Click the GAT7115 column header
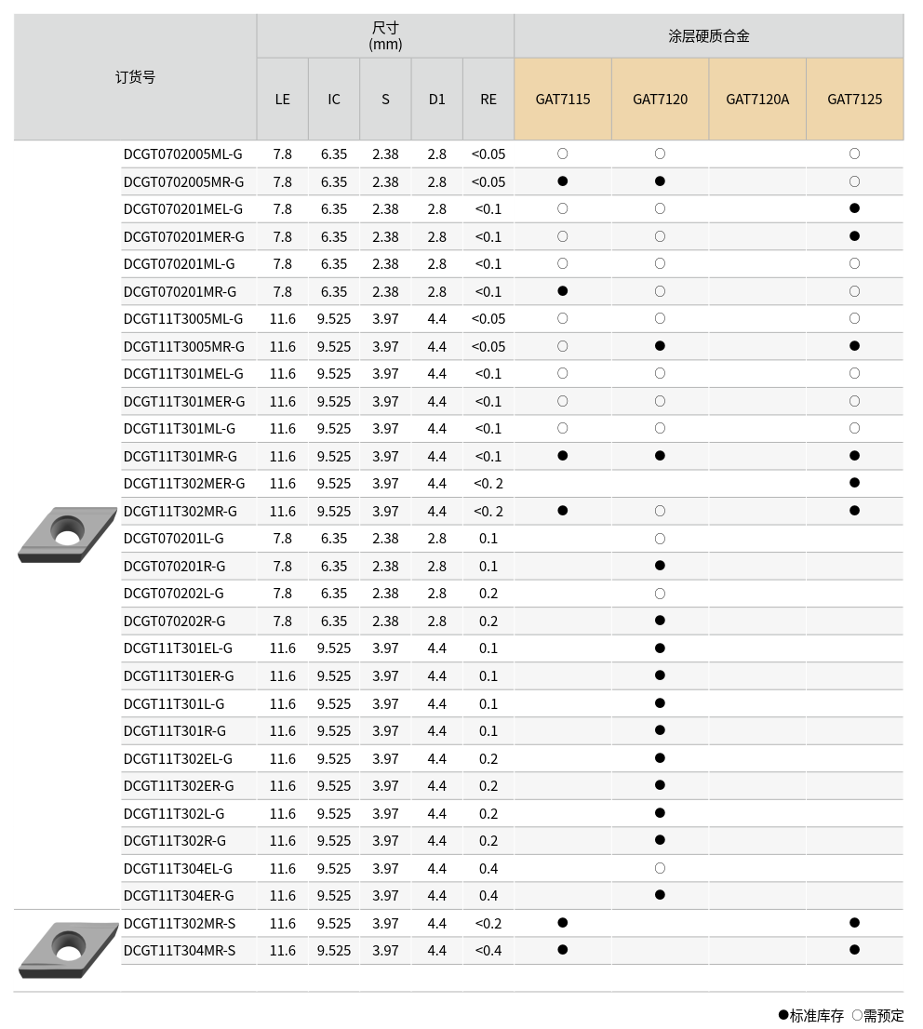click(x=563, y=99)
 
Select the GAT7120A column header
click(x=757, y=99)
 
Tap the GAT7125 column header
click(x=854, y=99)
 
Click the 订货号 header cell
click(x=135, y=77)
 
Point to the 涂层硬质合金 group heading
click(x=708, y=36)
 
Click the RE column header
click(x=488, y=99)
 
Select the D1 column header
click(x=437, y=99)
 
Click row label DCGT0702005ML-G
click(x=182, y=154)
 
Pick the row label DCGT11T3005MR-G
click(x=184, y=346)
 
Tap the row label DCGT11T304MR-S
click(x=180, y=951)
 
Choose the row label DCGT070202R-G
click(x=174, y=621)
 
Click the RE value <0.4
click(x=488, y=951)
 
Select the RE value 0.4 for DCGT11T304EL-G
click(x=488, y=868)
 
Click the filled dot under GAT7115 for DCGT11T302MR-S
click(x=563, y=923)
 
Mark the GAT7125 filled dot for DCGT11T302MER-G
click(x=854, y=483)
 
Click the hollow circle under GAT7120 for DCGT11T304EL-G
click(x=660, y=868)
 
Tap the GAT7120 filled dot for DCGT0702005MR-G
click(x=660, y=181)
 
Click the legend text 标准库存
click(x=817, y=1016)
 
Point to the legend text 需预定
click(x=883, y=1016)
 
